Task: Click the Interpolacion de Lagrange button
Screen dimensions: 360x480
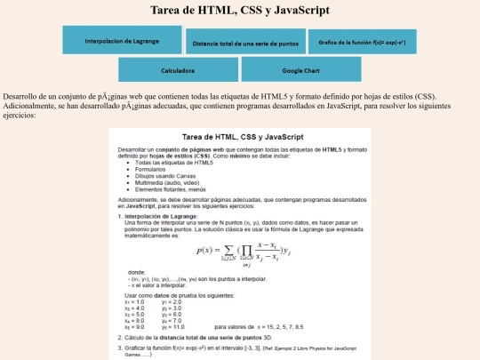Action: [121, 41]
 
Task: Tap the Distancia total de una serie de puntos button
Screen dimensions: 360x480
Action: [244, 43]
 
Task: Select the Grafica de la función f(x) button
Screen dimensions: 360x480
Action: [362, 42]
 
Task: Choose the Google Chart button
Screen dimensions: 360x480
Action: [300, 68]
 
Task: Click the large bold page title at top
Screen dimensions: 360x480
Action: [240, 11]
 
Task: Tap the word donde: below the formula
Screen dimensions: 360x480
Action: [137, 270]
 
